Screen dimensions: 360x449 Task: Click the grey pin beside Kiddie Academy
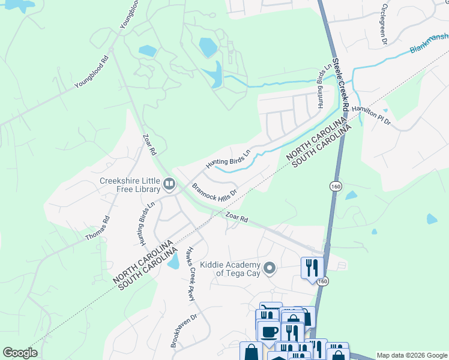coord(270,267)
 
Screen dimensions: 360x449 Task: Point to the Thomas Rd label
coord(98,229)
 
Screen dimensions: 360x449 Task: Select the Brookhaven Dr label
coord(176,331)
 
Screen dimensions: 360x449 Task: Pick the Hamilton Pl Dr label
coord(371,115)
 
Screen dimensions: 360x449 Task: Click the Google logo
coord(20,353)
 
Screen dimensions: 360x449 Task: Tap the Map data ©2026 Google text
coord(411,355)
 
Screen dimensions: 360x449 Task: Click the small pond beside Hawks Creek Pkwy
coord(173,261)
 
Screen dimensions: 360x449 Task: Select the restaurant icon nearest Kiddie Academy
coord(312,267)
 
